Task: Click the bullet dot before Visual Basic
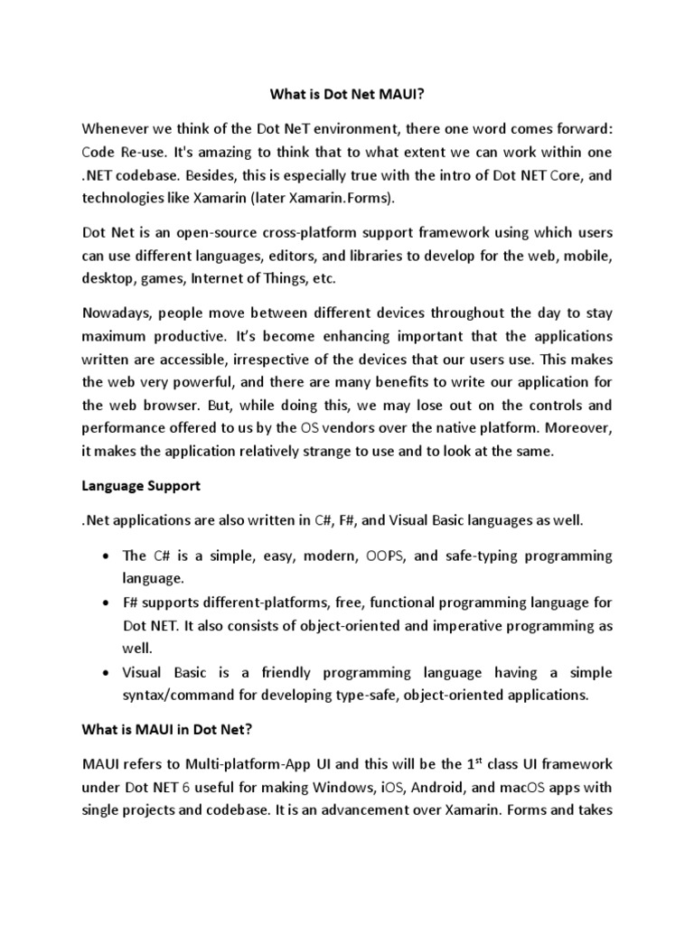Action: (x=108, y=673)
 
